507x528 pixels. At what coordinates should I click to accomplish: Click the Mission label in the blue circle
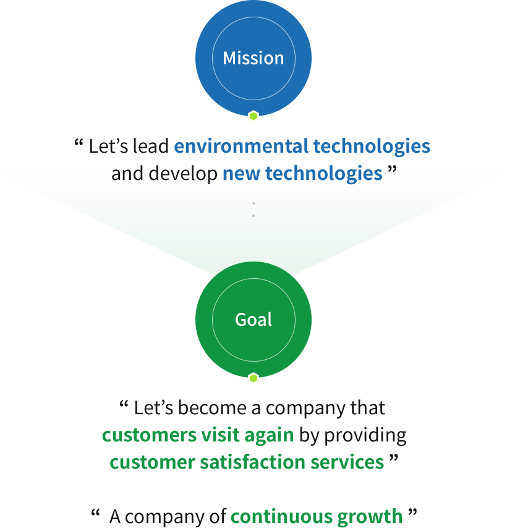click(253, 58)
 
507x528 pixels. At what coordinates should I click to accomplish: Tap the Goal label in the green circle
click(253, 320)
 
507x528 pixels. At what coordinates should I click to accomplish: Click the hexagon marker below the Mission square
click(253, 116)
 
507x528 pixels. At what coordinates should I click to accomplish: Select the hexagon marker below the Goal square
click(253, 378)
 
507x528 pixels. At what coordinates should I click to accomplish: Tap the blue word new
click(239, 174)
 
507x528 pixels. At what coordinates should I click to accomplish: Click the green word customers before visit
click(147, 435)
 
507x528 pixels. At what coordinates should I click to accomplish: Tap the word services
click(354, 462)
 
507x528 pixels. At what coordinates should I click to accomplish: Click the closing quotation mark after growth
click(412, 512)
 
